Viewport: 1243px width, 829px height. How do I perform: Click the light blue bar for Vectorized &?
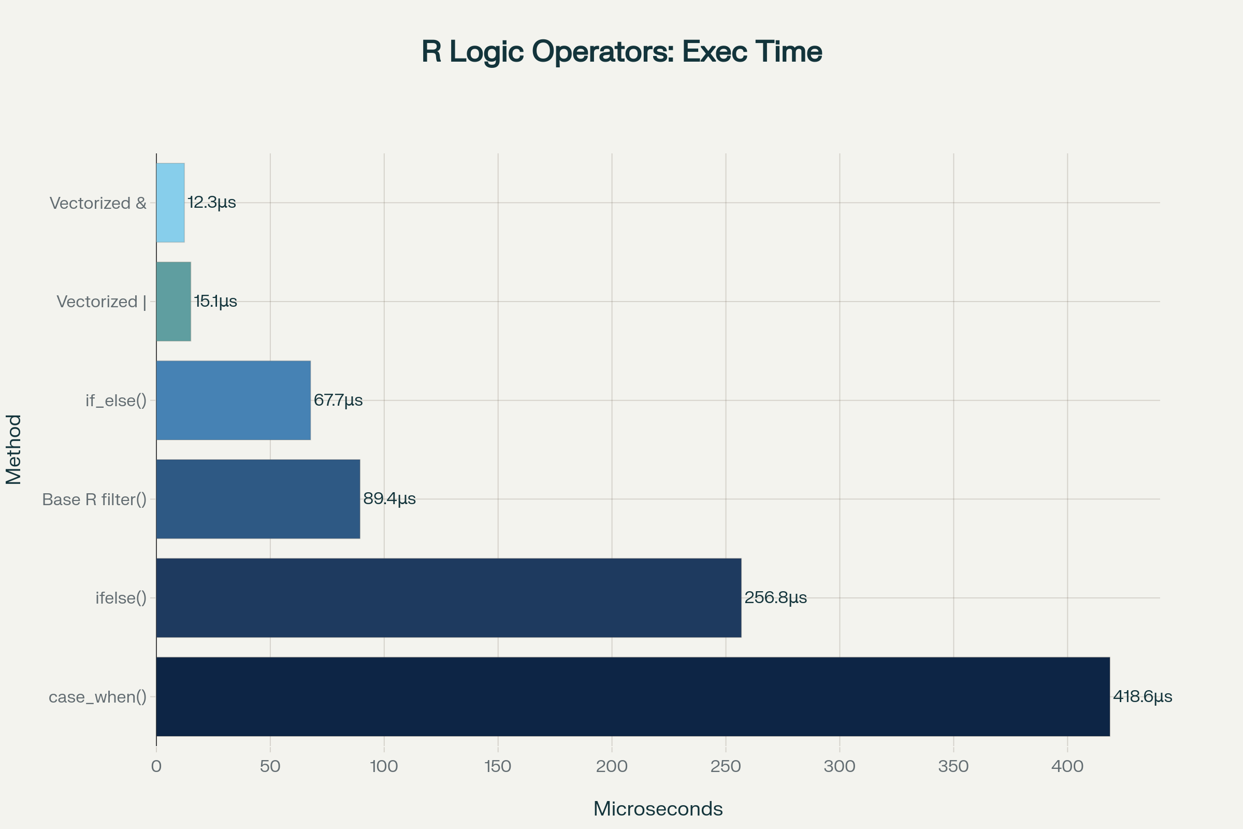click(170, 203)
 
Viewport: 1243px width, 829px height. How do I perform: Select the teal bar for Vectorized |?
click(174, 302)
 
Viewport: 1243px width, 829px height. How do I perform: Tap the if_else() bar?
click(233, 400)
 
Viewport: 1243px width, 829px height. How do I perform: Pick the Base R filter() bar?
click(258, 499)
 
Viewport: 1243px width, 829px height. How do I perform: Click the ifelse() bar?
click(448, 598)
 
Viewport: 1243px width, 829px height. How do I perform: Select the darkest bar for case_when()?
click(632, 697)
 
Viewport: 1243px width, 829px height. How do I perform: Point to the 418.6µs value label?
click(1142, 697)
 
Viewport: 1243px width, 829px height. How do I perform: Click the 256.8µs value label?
click(775, 598)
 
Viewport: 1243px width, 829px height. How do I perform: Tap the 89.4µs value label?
click(389, 499)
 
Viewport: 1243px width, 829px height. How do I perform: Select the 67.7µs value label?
click(338, 400)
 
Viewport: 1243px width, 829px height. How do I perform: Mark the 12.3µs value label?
click(211, 203)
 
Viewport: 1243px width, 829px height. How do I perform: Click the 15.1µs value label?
click(215, 302)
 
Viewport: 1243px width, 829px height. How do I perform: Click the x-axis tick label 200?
click(612, 767)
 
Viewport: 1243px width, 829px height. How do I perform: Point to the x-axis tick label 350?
click(953, 767)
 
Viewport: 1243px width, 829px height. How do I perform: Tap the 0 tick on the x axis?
click(156, 767)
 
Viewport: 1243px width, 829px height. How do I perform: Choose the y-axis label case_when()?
click(98, 697)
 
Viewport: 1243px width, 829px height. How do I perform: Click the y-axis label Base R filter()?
click(94, 499)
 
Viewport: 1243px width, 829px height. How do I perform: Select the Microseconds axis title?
click(658, 809)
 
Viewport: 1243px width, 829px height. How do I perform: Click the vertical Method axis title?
click(14, 449)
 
